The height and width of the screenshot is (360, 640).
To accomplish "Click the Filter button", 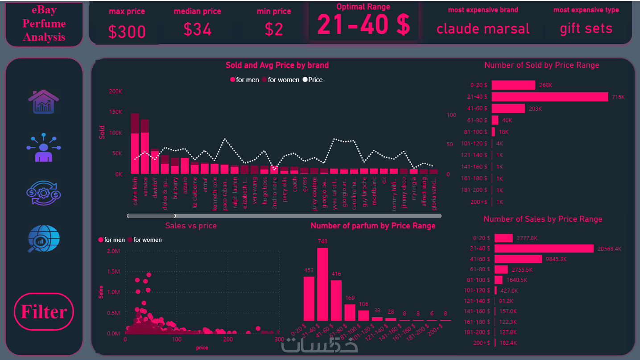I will tap(44, 312).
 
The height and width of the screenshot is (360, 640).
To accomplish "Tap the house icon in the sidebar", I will tap(43, 101).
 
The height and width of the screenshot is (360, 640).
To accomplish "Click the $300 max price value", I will tap(127, 32).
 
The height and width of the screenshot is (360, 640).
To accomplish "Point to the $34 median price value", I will tap(198, 29).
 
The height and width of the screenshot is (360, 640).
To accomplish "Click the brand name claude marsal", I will tap(483, 29).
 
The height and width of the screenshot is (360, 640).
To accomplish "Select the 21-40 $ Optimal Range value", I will tap(363, 25).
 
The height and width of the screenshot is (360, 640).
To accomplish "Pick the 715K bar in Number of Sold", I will tap(550, 97).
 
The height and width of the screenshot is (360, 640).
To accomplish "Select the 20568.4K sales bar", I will tap(544, 248).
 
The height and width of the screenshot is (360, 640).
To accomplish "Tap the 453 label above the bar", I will tap(309, 270).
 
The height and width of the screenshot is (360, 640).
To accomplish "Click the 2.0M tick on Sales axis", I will tap(114, 251).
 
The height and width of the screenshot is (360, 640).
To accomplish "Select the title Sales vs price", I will tap(191, 226).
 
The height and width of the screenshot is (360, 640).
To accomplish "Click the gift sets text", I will tap(586, 29).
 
